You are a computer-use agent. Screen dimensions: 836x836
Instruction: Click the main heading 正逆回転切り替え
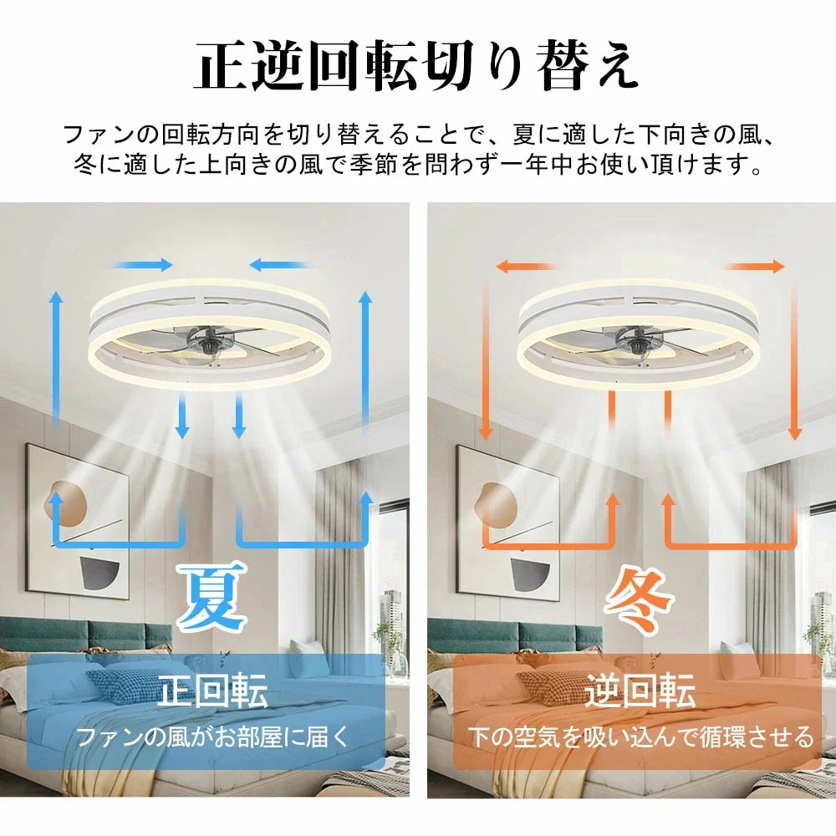(417, 68)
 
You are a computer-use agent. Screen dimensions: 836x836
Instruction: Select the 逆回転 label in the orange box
(640, 693)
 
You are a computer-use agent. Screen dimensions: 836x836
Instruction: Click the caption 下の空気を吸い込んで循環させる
(640, 737)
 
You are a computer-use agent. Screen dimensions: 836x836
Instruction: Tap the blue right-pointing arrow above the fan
(143, 265)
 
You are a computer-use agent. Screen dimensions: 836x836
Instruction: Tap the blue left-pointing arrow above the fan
(280, 265)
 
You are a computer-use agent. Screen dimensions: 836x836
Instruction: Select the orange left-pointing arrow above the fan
(525, 266)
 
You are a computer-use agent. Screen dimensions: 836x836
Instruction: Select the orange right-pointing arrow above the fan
(755, 266)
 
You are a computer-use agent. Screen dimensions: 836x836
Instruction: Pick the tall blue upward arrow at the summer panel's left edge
(55, 359)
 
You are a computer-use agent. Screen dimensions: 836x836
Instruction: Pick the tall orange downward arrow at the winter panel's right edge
(795, 359)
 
